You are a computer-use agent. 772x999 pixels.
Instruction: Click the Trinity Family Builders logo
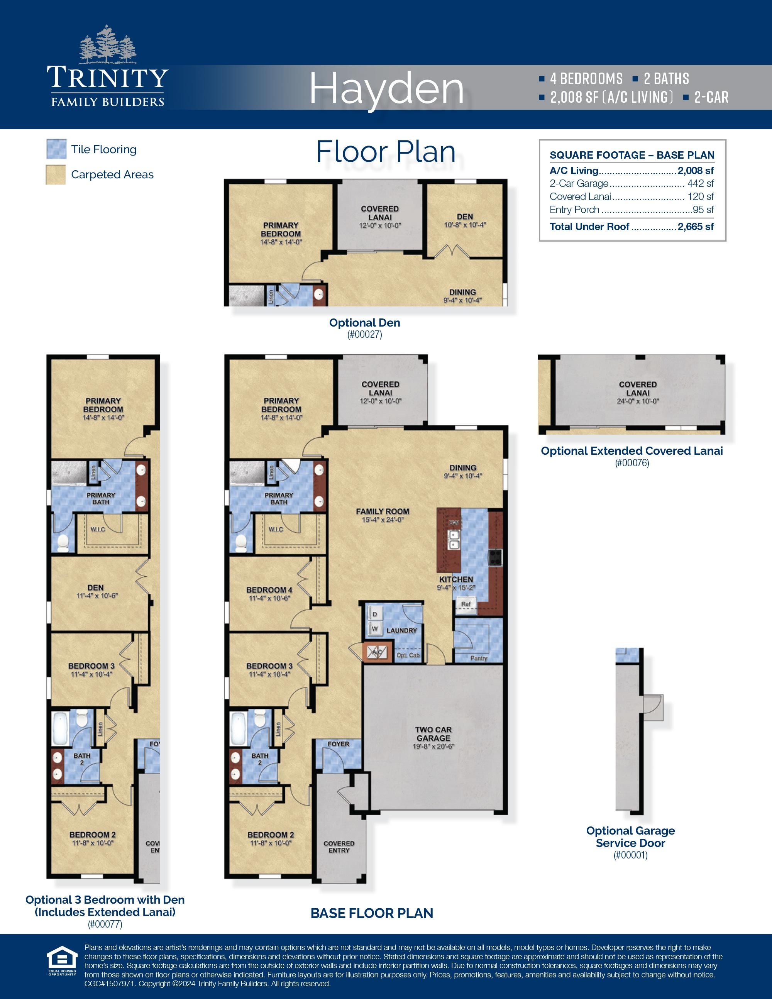[107, 73]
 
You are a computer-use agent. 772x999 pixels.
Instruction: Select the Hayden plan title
[386, 89]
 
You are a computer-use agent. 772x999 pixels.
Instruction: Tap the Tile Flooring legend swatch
[56, 149]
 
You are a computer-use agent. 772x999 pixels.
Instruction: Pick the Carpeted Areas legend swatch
[56, 174]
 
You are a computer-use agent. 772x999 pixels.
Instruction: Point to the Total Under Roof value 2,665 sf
[695, 227]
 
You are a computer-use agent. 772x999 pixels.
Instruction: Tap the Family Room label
[383, 511]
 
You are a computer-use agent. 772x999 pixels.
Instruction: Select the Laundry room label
[401, 630]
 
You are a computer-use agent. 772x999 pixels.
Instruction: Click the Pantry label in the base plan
[478, 658]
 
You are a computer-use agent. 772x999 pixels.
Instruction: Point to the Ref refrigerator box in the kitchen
[466, 604]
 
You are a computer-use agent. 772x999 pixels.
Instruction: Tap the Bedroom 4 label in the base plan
[269, 590]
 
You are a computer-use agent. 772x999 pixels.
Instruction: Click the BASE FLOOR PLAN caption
[371, 913]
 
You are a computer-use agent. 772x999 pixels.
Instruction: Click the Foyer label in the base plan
[338, 744]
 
